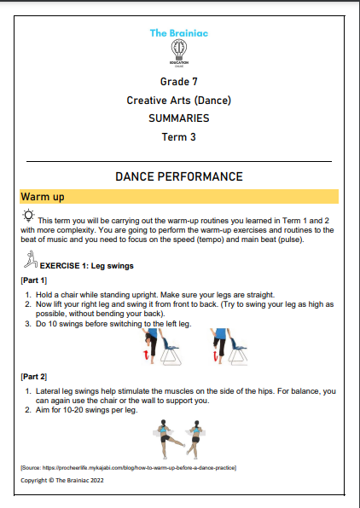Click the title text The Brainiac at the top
[179, 33]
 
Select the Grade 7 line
[179, 83]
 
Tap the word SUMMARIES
[179, 118]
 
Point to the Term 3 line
[179, 136]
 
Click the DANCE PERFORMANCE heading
[179, 176]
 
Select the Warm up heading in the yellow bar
[44, 197]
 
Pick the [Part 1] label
[34, 280]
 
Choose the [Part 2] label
[34, 375]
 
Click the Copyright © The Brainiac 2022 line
[67, 481]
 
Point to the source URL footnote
[128, 468]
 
